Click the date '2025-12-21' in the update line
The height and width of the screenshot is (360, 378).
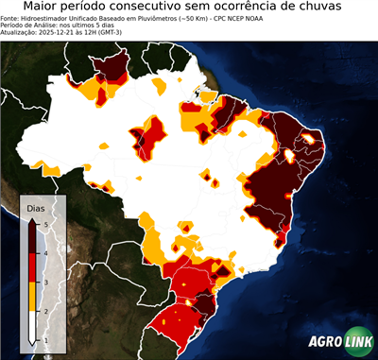(x=60, y=33)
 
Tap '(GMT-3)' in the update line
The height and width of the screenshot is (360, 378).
(x=132, y=33)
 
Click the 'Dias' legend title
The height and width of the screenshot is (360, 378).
(x=36, y=207)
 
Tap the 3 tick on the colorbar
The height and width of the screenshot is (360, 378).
(x=45, y=282)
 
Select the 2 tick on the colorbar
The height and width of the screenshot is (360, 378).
(x=45, y=311)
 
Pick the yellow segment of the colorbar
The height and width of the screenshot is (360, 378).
(x=34, y=297)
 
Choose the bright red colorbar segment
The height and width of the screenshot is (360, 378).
(x=34, y=267)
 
